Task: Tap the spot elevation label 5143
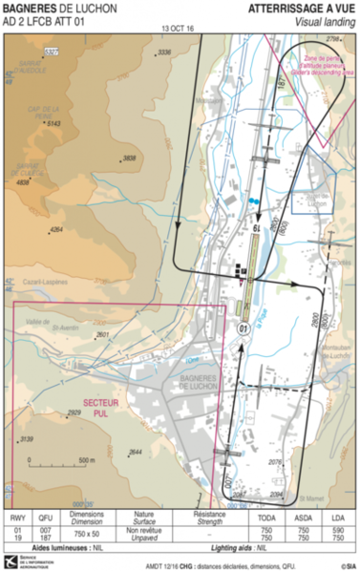pos(53,123)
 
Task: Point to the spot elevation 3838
pos(130,158)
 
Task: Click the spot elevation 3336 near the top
pos(164,52)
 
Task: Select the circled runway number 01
pos(244,327)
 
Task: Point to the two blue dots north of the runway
pos(252,201)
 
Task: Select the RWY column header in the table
pos(16,514)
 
